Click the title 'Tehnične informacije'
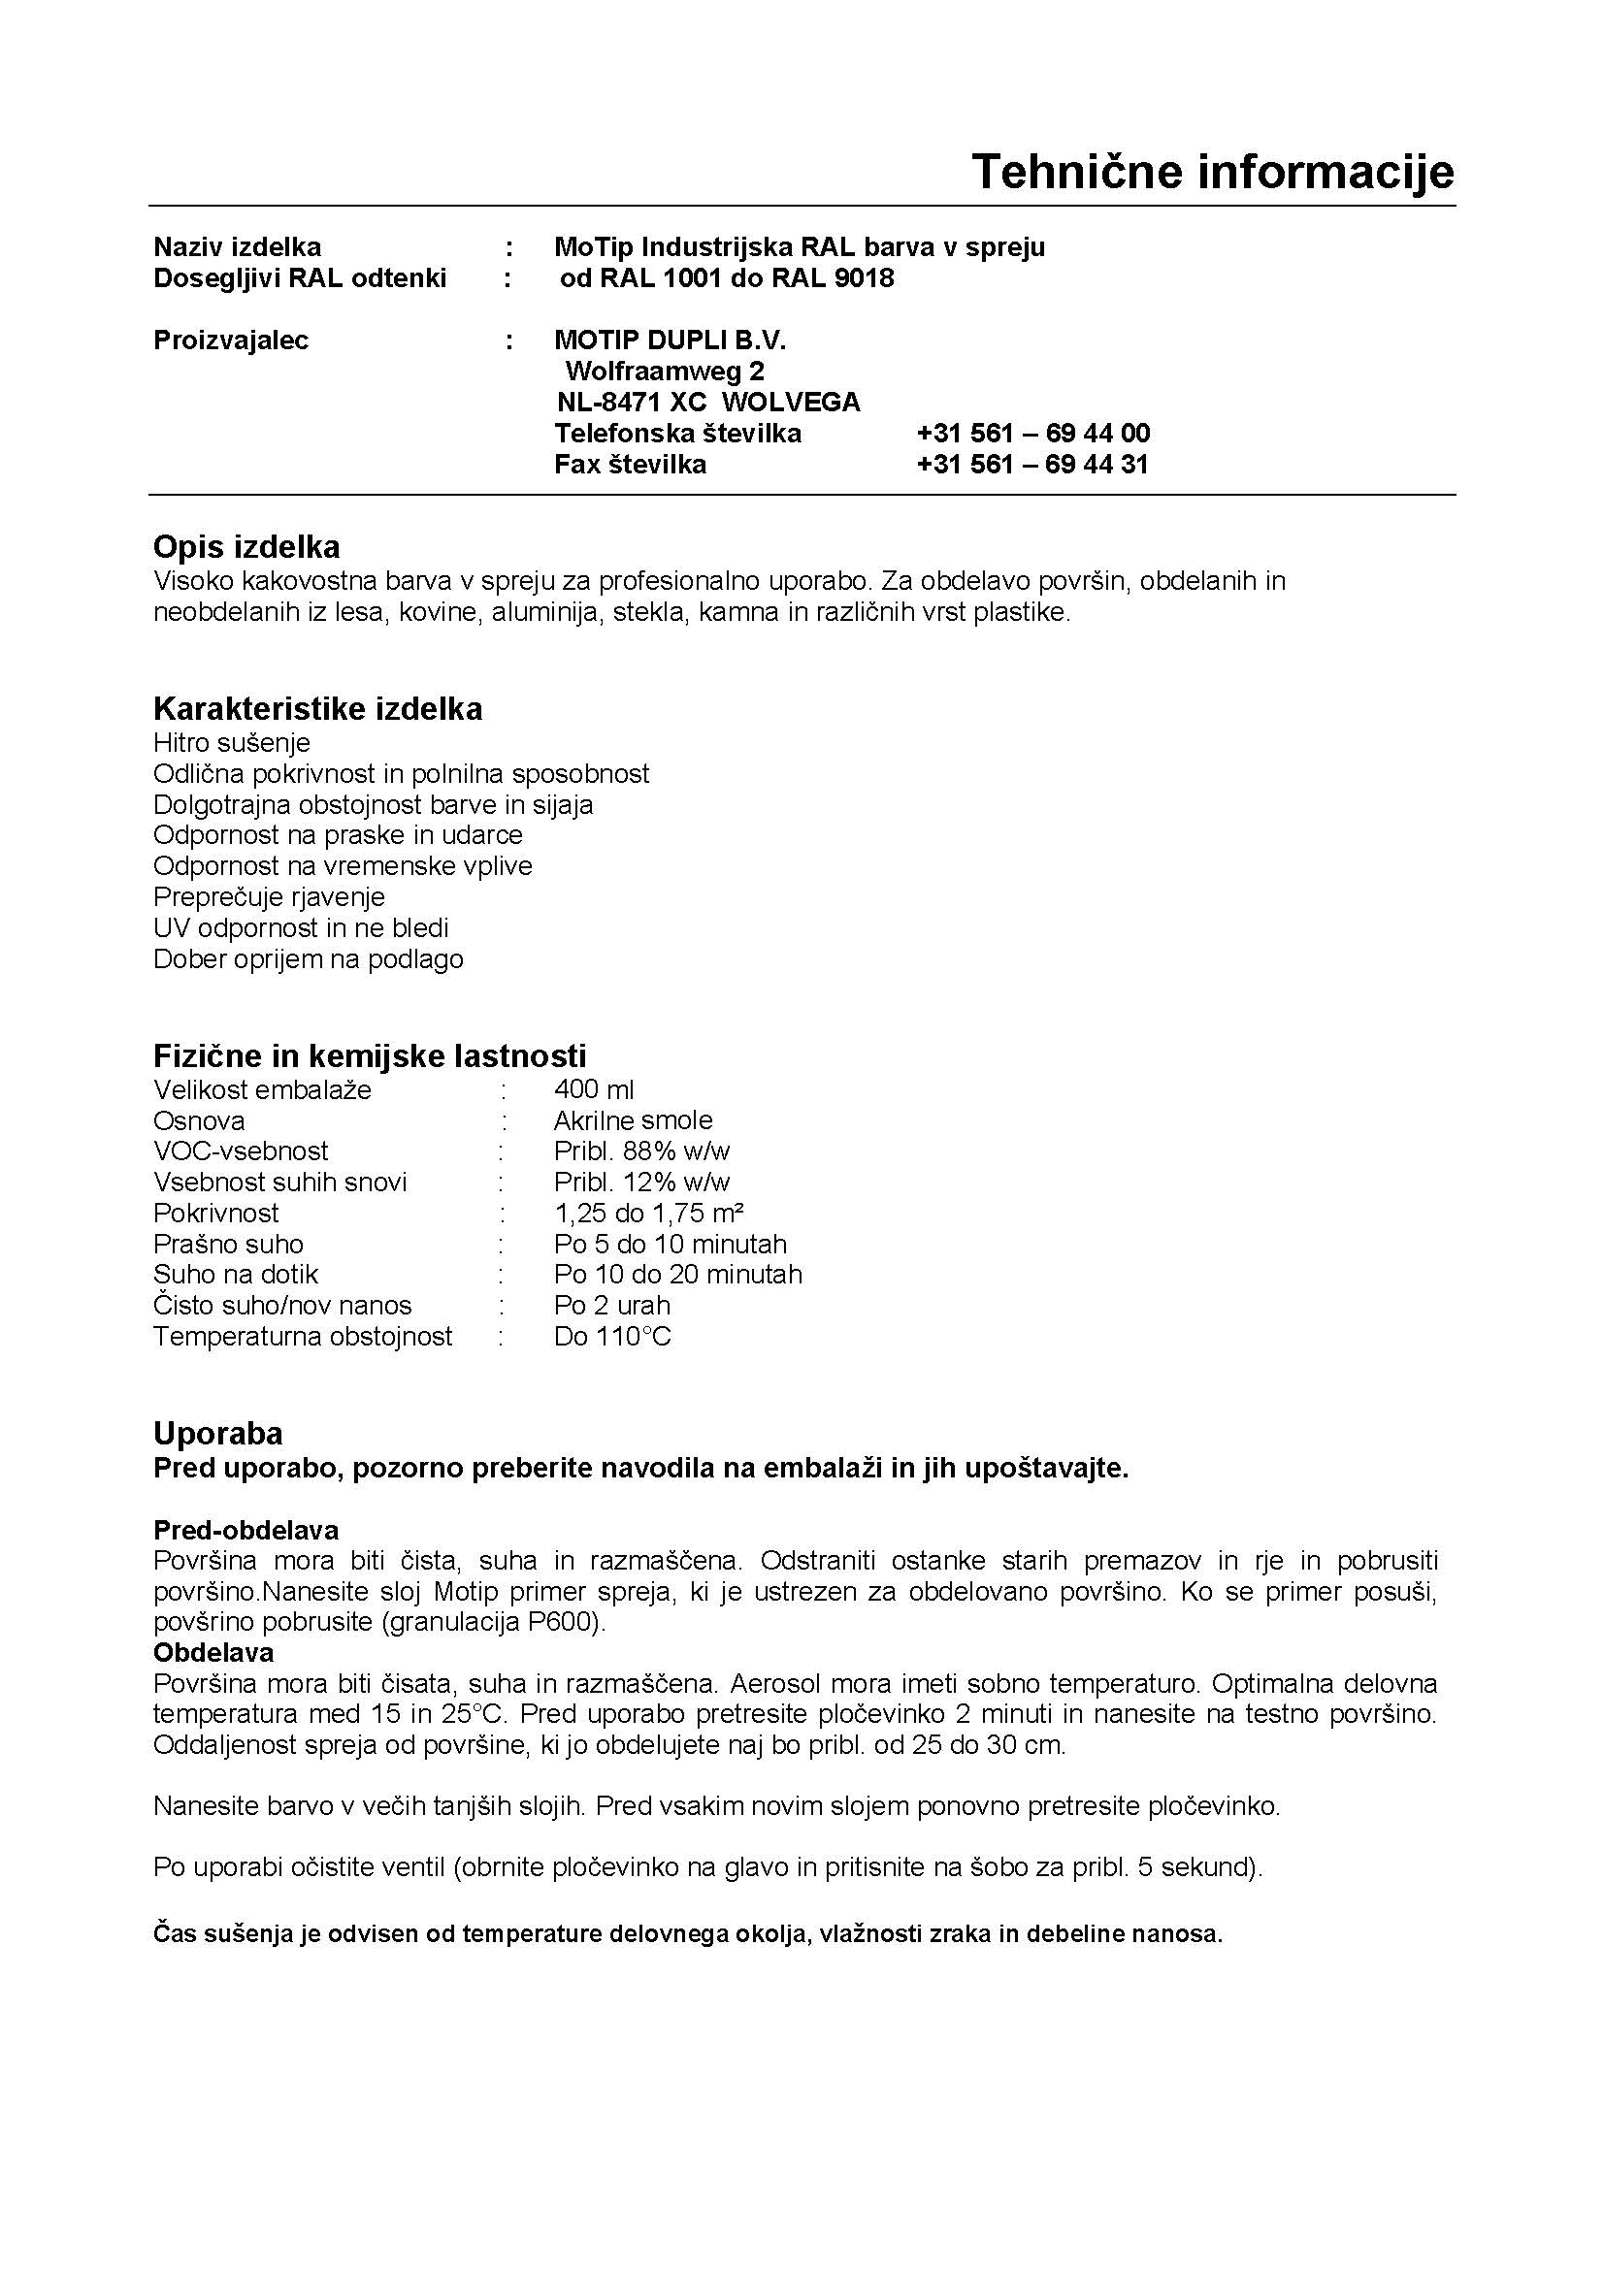1213,171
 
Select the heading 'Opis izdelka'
246,546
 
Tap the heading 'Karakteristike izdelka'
317,708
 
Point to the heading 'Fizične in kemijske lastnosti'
370,1055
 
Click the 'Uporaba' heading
217,1433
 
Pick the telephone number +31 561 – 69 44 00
1032,433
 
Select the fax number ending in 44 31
1032,465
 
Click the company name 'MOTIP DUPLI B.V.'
671,340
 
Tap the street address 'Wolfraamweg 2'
664,372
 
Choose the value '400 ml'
594,1089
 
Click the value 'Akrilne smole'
633,1119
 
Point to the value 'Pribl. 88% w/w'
641,1151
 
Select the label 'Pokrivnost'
215,1213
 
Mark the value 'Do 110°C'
611,1336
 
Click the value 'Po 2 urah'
611,1306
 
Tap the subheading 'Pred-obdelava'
246,1530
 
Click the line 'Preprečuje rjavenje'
269,896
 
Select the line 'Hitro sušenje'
231,742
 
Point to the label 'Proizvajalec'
230,340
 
